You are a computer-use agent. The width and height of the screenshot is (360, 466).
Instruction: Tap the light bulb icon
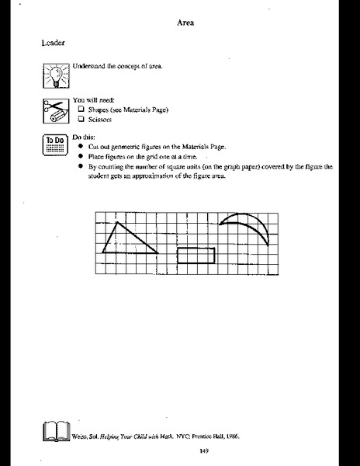56,76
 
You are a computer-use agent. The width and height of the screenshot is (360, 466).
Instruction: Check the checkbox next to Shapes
81,110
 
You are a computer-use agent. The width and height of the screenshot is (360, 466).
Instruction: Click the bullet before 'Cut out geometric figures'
81,148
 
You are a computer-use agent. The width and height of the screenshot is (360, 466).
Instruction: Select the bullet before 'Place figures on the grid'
81,157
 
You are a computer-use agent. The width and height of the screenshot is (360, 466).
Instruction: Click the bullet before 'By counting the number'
81,166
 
